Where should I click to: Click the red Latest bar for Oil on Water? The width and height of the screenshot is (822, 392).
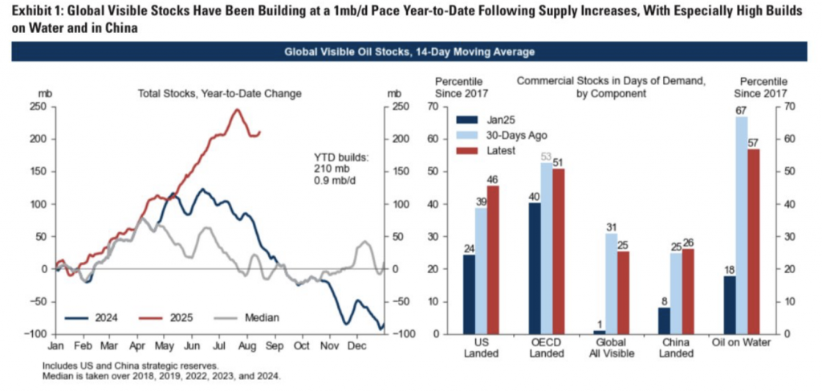click(752, 242)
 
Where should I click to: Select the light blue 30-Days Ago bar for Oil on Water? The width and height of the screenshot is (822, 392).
click(741, 225)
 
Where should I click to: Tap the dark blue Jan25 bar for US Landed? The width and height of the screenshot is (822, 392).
click(469, 294)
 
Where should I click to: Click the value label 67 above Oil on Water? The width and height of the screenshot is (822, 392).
click(741, 110)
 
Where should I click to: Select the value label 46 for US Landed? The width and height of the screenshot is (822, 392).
click(492, 178)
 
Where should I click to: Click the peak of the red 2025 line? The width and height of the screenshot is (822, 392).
click(237, 110)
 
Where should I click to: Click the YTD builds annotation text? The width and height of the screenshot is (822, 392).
click(341, 164)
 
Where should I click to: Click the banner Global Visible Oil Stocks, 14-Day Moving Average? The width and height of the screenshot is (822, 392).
click(410, 52)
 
